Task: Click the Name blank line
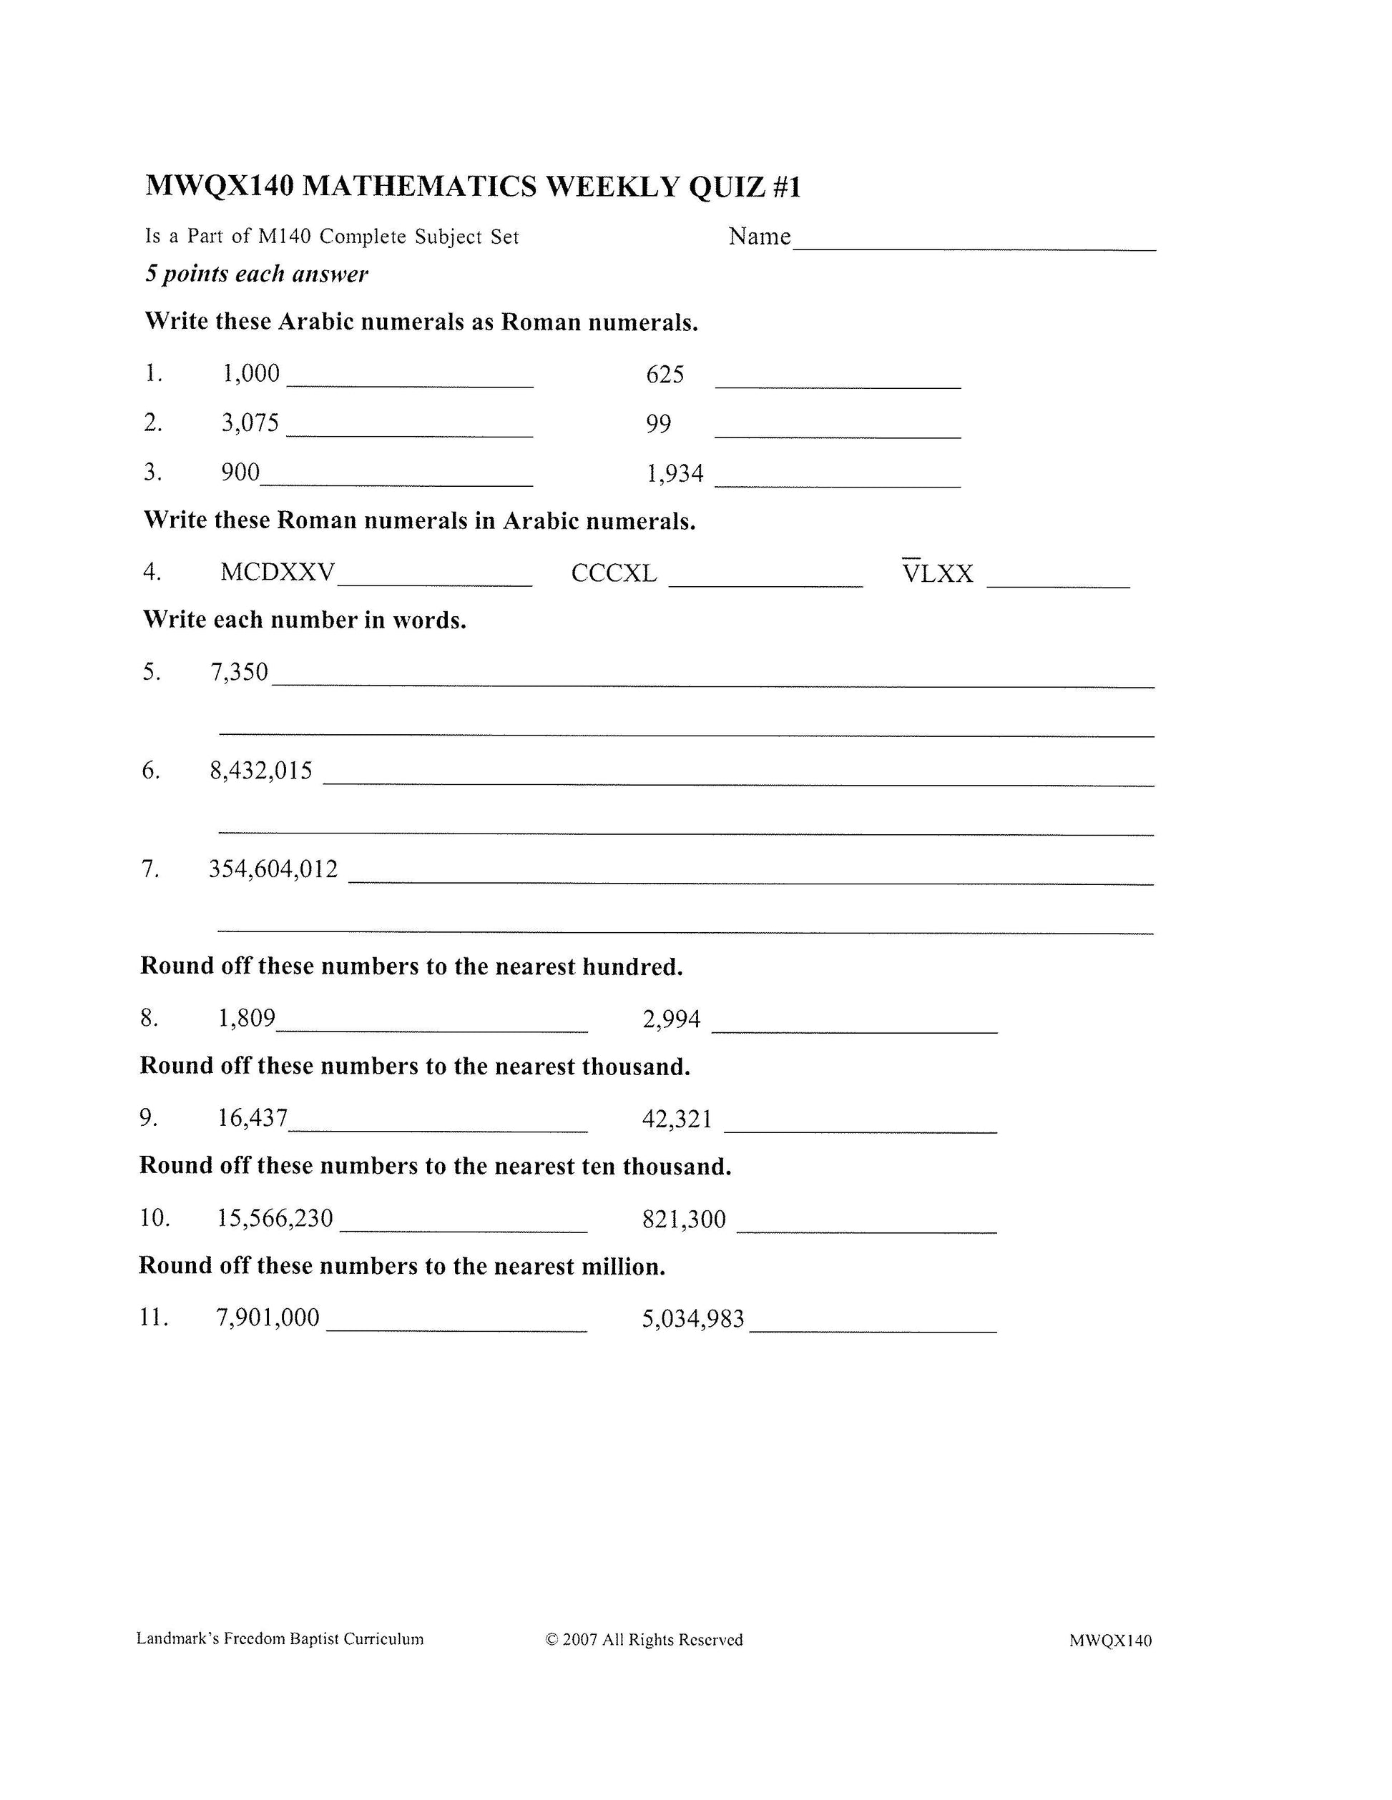[973, 247]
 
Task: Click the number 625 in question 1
[665, 375]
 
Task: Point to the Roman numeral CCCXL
[614, 573]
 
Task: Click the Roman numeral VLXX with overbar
[938, 572]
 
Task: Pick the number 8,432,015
[261, 771]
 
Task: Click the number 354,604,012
[273, 869]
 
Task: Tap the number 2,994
[671, 1019]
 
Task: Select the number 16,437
[253, 1119]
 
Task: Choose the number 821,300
[684, 1219]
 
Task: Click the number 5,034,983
[692, 1319]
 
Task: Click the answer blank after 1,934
[837, 485]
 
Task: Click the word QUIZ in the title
[727, 187]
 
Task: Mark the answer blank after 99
[837, 435]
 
